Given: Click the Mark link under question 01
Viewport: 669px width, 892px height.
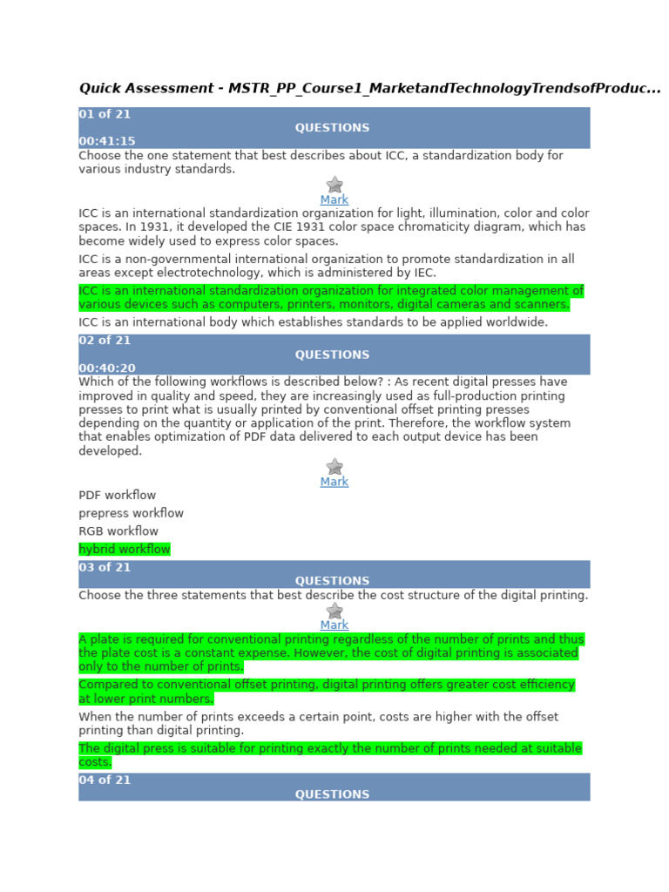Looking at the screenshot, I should coord(334,199).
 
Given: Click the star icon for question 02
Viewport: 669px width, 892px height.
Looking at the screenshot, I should coord(334,467).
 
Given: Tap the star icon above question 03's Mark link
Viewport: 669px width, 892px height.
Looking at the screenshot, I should coord(334,611).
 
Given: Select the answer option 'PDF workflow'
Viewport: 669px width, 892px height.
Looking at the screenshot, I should coord(117,496).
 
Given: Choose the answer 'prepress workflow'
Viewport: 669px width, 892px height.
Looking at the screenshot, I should coord(131,513).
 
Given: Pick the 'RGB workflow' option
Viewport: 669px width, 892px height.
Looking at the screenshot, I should coord(118,531).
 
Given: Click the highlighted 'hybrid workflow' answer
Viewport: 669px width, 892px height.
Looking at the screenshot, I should coord(124,550).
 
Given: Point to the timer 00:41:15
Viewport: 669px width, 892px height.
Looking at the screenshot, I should coord(107,141).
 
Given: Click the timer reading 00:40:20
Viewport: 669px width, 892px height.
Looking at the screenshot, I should coord(107,368).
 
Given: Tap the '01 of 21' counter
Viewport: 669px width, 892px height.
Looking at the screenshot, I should coord(105,114).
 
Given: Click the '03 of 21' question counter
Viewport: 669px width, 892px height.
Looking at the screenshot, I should coord(105,567).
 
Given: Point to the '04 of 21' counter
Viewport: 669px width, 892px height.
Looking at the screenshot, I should coord(105,780).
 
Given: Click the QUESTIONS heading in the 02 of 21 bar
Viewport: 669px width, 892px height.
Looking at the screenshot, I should coord(332,355).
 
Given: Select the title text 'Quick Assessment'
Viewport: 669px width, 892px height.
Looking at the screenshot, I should coord(145,89).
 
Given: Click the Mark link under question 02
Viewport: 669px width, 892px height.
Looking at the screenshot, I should coord(334,482).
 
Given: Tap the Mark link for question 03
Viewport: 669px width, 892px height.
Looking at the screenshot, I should coord(334,625).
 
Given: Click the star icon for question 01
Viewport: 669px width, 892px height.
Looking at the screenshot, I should coord(334,185).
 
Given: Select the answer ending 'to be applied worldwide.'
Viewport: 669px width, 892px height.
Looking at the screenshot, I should coord(313,322).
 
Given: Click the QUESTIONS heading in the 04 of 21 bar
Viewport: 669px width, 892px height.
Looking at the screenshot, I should coord(332,794).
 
